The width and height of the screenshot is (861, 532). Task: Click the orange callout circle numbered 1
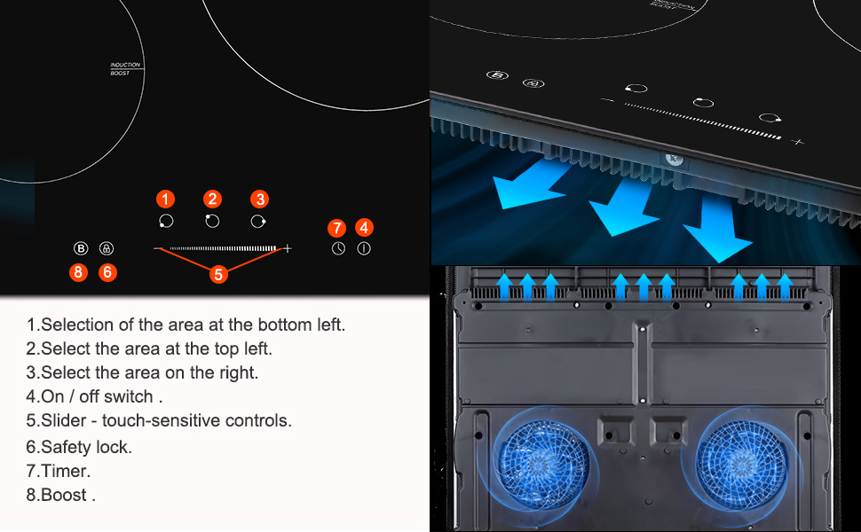tap(166, 199)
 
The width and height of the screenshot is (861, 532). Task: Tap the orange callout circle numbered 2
tap(212, 199)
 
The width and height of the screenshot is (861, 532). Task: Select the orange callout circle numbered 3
tap(259, 199)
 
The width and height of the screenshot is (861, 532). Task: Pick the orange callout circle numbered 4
tap(364, 228)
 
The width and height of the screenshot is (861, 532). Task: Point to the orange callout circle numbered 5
tap(219, 274)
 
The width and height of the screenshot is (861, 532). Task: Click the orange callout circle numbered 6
tap(107, 272)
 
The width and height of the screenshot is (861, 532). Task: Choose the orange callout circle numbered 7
tap(337, 228)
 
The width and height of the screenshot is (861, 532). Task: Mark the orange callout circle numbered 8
tap(79, 272)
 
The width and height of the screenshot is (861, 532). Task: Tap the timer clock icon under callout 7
tap(338, 249)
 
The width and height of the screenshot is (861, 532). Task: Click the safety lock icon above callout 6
tap(107, 249)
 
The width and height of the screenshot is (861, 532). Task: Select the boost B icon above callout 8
tap(80, 249)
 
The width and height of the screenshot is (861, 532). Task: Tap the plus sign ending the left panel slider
tap(288, 249)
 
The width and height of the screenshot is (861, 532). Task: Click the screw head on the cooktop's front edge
tap(672, 160)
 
